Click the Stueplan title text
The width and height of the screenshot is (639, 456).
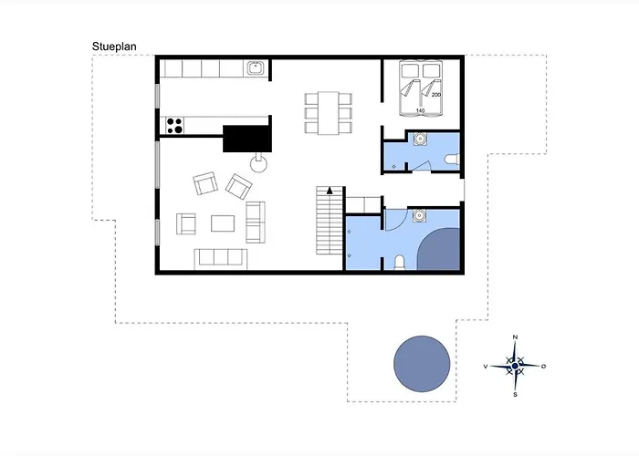click(114, 47)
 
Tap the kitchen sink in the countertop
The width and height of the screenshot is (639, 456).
click(256, 68)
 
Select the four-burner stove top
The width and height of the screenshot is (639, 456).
click(175, 126)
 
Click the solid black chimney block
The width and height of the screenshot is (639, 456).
click(247, 139)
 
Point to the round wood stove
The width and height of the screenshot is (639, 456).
click(258, 164)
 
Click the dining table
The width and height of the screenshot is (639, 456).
click(329, 113)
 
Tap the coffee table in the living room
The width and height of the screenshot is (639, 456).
click(223, 223)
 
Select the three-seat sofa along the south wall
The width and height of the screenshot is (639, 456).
click(221, 259)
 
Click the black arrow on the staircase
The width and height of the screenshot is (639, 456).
click(330, 190)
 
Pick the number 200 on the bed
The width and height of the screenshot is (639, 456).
click(436, 95)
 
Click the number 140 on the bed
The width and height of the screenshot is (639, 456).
click(420, 110)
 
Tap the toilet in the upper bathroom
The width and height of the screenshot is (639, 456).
click(453, 160)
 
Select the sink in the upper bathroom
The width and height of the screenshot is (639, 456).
click(420, 139)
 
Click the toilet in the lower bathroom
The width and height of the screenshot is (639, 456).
click(400, 263)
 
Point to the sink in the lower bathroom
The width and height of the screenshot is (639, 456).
click(419, 215)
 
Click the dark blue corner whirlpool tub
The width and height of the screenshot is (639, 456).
click(440, 250)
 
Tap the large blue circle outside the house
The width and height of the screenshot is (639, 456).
click(422, 364)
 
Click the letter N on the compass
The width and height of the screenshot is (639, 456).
click(515, 337)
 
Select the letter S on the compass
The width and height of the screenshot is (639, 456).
click(515, 395)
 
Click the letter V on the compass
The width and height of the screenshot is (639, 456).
click(486, 367)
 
